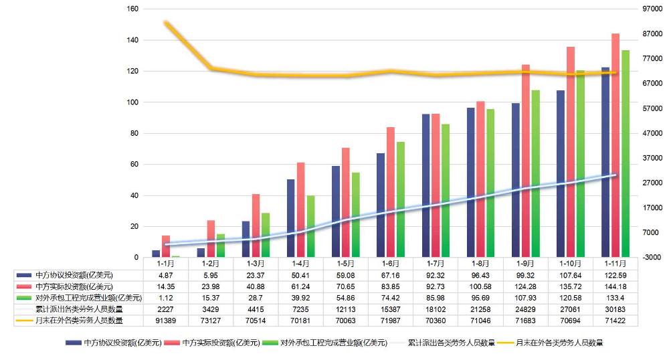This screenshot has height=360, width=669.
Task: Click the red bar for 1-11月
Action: tap(615, 145)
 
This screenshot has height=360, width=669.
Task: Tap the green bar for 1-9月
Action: tap(535, 174)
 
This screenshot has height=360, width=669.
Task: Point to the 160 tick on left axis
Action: tap(132, 9)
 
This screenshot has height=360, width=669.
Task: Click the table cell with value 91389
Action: tap(166, 321)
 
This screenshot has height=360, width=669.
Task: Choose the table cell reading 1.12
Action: tap(166, 298)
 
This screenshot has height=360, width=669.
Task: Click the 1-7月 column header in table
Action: tap(436, 264)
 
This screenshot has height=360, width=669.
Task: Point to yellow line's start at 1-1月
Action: tap(166, 23)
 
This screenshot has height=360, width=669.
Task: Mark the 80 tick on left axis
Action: tap(134, 133)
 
